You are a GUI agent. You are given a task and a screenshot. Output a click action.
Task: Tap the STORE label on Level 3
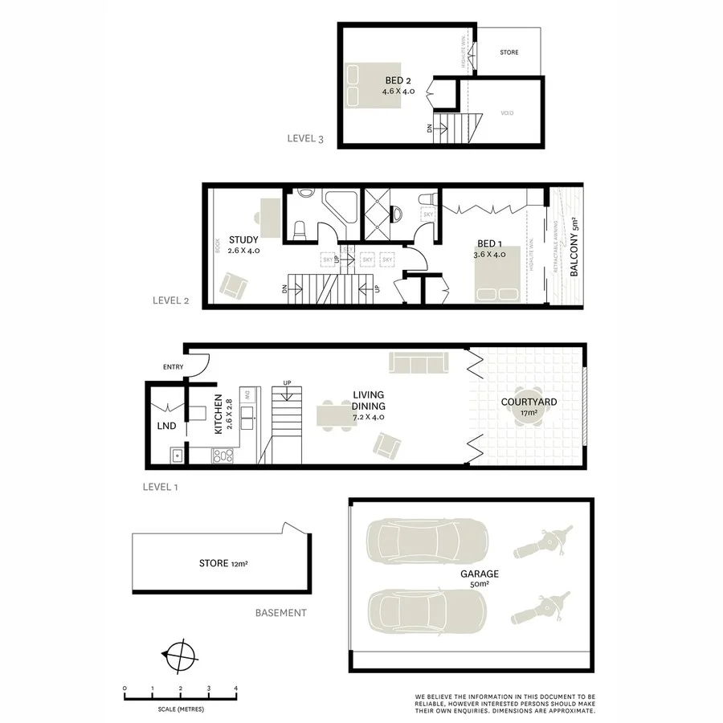pyautogui.click(x=509, y=52)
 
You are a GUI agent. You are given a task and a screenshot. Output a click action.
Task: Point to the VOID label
pyautogui.click(x=507, y=113)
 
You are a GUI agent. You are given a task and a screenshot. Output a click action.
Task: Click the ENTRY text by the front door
pyautogui.click(x=173, y=367)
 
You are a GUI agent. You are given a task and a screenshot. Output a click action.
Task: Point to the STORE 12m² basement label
pyautogui.click(x=223, y=563)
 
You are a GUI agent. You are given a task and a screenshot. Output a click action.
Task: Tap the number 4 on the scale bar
pyautogui.click(x=236, y=688)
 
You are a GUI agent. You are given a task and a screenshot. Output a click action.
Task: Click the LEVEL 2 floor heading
pyautogui.click(x=170, y=301)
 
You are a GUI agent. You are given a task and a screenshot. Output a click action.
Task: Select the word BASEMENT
pyautogui.click(x=280, y=613)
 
